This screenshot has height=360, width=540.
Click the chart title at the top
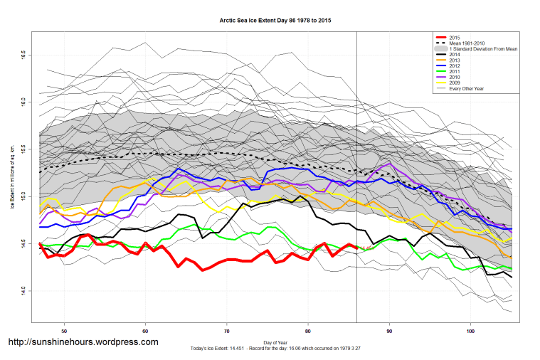point(270,21)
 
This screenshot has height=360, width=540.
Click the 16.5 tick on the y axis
point(23,54)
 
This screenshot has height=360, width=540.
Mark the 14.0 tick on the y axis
point(23,290)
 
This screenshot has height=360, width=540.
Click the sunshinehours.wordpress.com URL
point(83,342)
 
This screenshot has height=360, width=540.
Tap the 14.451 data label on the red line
point(366,248)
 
